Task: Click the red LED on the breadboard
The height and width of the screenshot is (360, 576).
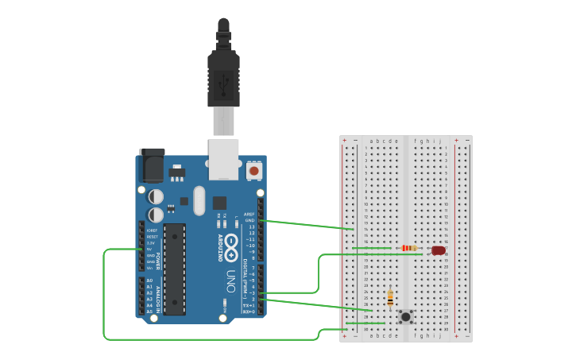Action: [439, 250]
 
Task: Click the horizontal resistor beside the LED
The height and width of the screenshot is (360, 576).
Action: [409, 248]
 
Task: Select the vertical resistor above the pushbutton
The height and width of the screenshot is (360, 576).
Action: [390, 297]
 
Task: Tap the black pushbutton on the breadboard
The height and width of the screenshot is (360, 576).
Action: [406, 316]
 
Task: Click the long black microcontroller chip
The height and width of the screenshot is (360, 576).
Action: [175, 268]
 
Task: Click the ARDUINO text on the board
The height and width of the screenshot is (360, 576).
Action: [220, 247]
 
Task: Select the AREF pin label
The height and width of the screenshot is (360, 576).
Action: [249, 214]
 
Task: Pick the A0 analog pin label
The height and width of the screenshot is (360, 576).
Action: [149, 281]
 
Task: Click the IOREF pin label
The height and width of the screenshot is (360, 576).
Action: [152, 230]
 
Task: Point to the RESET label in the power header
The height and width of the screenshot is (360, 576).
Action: [152, 237]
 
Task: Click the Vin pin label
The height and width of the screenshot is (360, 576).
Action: [150, 268]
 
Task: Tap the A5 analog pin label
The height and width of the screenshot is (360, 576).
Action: [149, 312]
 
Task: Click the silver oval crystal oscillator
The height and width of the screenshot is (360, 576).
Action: [199, 200]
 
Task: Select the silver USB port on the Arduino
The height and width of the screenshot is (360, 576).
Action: [223, 158]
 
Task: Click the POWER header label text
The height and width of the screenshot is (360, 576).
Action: [157, 261]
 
